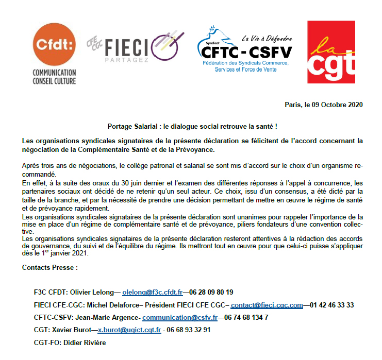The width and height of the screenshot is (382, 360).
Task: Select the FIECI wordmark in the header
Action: [x=126, y=47]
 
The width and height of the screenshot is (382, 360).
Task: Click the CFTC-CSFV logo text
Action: [x=244, y=52]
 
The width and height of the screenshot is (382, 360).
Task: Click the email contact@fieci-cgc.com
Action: [x=267, y=305]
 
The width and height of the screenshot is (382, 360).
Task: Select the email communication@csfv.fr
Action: [x=179, y=317]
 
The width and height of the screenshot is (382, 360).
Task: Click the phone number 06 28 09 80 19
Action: [x=211, y=292]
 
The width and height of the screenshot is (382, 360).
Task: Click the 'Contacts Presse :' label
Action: [x=50, y=268]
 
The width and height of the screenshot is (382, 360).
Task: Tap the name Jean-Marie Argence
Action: [x=108, y=317]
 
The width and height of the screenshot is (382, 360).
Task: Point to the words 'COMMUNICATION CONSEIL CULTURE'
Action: [x=54, y=77]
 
